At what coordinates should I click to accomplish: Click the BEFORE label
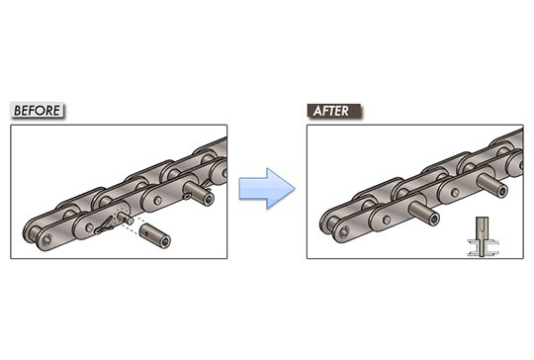38,110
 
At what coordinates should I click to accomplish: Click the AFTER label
333,110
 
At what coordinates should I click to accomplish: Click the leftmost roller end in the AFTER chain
342,231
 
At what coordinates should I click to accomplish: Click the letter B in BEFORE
18,110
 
